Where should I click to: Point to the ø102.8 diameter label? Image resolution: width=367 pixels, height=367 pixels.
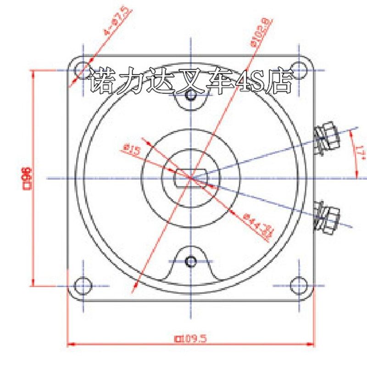point(261,32)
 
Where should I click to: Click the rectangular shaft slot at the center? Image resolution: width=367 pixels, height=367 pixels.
point(190,178)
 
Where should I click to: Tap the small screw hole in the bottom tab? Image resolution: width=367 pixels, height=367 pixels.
point(190,261)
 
